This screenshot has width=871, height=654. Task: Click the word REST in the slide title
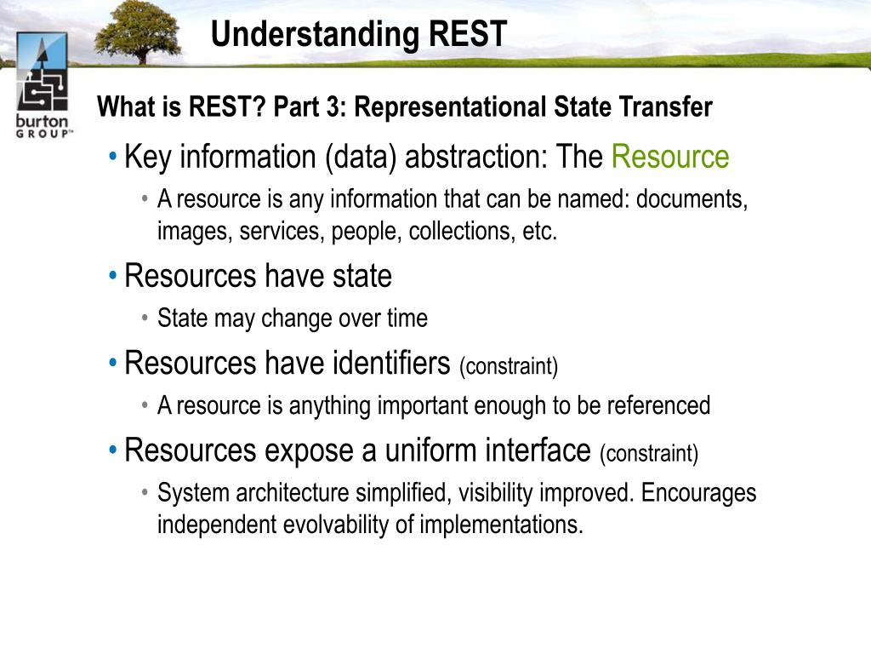click(468, 34)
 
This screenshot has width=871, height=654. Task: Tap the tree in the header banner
click(138, 32)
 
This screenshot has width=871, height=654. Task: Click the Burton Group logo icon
click(43, 72)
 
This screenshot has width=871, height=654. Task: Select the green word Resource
click(670, 157)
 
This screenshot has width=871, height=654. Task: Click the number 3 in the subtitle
click(333, 106)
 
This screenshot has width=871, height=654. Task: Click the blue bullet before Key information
click(113, 157)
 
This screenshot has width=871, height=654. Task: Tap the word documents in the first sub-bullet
click(692, 199)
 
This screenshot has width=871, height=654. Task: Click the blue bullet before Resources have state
click(113, 275)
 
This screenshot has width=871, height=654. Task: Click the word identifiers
click(391, 363)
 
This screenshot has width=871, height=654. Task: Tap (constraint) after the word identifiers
click(509, 366)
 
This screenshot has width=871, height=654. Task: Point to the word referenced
click(658, 405)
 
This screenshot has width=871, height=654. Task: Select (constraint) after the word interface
click(649, 454)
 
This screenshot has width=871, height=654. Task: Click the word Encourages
click(698, 494)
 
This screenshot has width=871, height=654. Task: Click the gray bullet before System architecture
click(145, 493)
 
